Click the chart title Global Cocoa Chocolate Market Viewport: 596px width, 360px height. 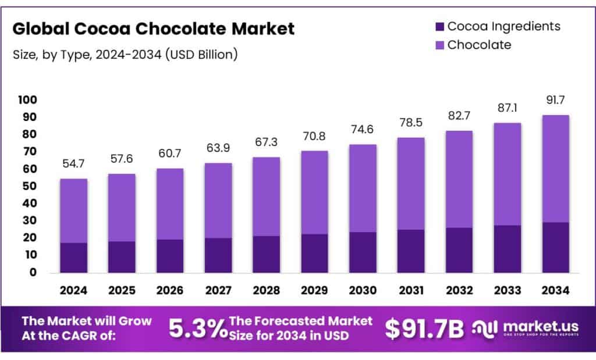click(154, 28)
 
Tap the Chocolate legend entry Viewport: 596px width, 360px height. click(479, 45)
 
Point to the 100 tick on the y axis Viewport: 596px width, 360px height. click(27, 100)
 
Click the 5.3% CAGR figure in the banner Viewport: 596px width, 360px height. click(198, 329)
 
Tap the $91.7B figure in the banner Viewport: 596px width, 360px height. click(424, 329)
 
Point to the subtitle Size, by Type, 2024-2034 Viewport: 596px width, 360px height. click(125, 55)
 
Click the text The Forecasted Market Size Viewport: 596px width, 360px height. click(300, 329)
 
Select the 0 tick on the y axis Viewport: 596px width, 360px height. click(33, 272)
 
